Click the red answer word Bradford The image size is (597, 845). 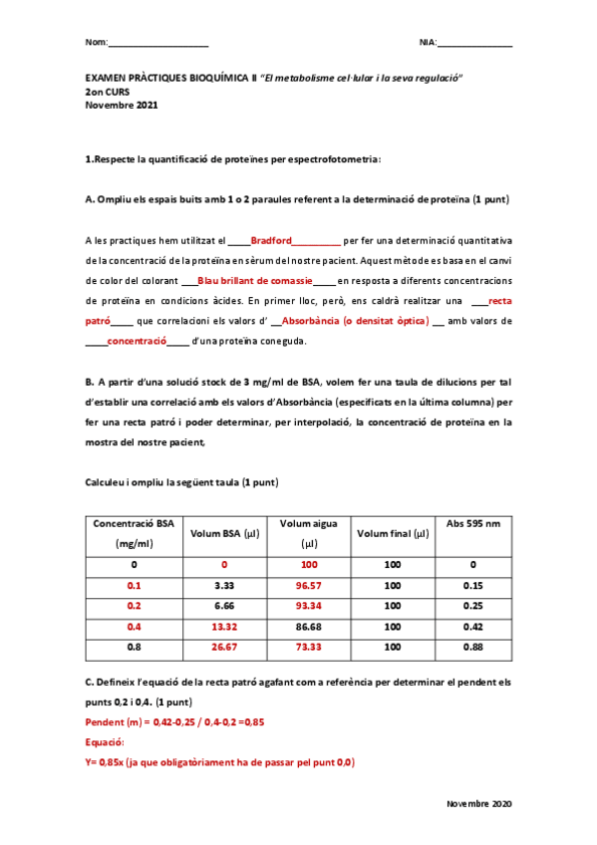271,240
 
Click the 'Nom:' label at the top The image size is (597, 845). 97,42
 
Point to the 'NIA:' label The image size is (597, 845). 429,42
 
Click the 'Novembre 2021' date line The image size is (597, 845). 121,105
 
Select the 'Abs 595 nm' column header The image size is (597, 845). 473,523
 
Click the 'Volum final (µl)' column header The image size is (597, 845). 393,533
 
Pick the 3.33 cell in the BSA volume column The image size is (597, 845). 224,585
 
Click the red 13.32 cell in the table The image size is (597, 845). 224,627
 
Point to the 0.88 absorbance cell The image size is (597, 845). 473,648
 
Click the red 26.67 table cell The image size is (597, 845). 224,648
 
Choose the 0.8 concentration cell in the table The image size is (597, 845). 134,648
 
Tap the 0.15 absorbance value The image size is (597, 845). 473,585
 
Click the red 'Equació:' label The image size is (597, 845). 105,742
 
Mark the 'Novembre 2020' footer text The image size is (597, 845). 480,803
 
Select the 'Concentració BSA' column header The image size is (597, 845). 134,523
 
